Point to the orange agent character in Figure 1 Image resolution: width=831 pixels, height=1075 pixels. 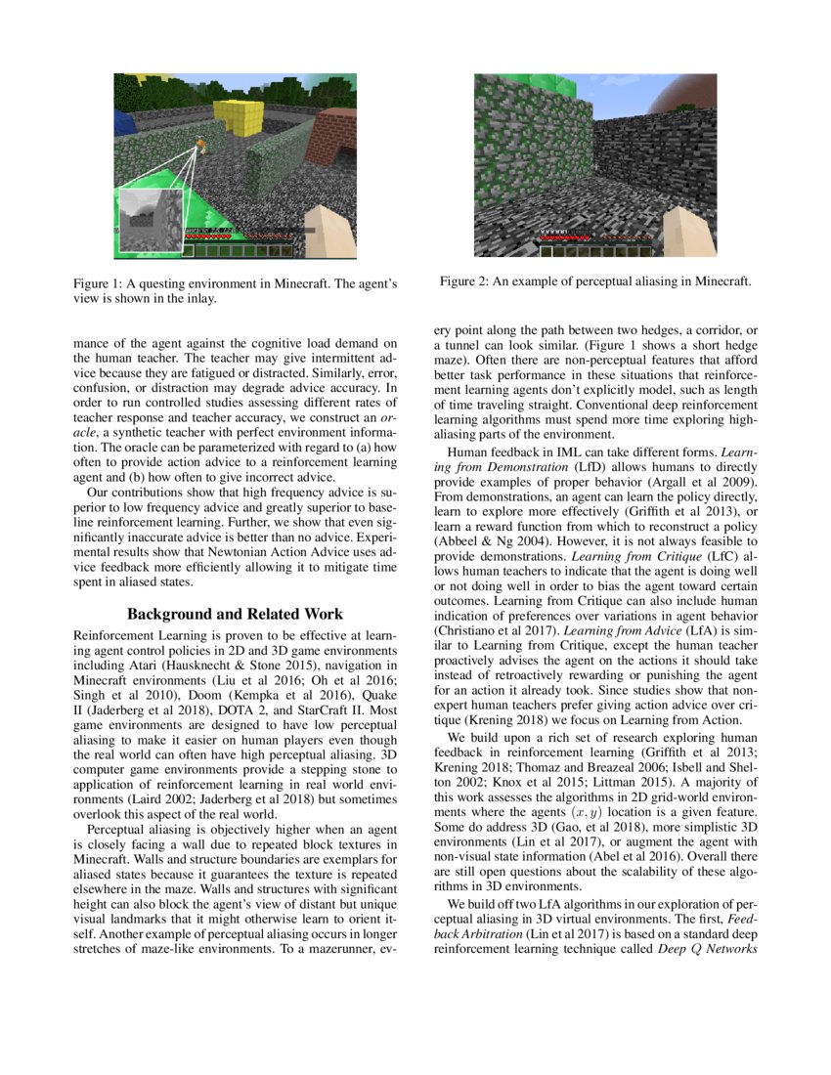199,144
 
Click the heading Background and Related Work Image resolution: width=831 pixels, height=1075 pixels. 236,614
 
